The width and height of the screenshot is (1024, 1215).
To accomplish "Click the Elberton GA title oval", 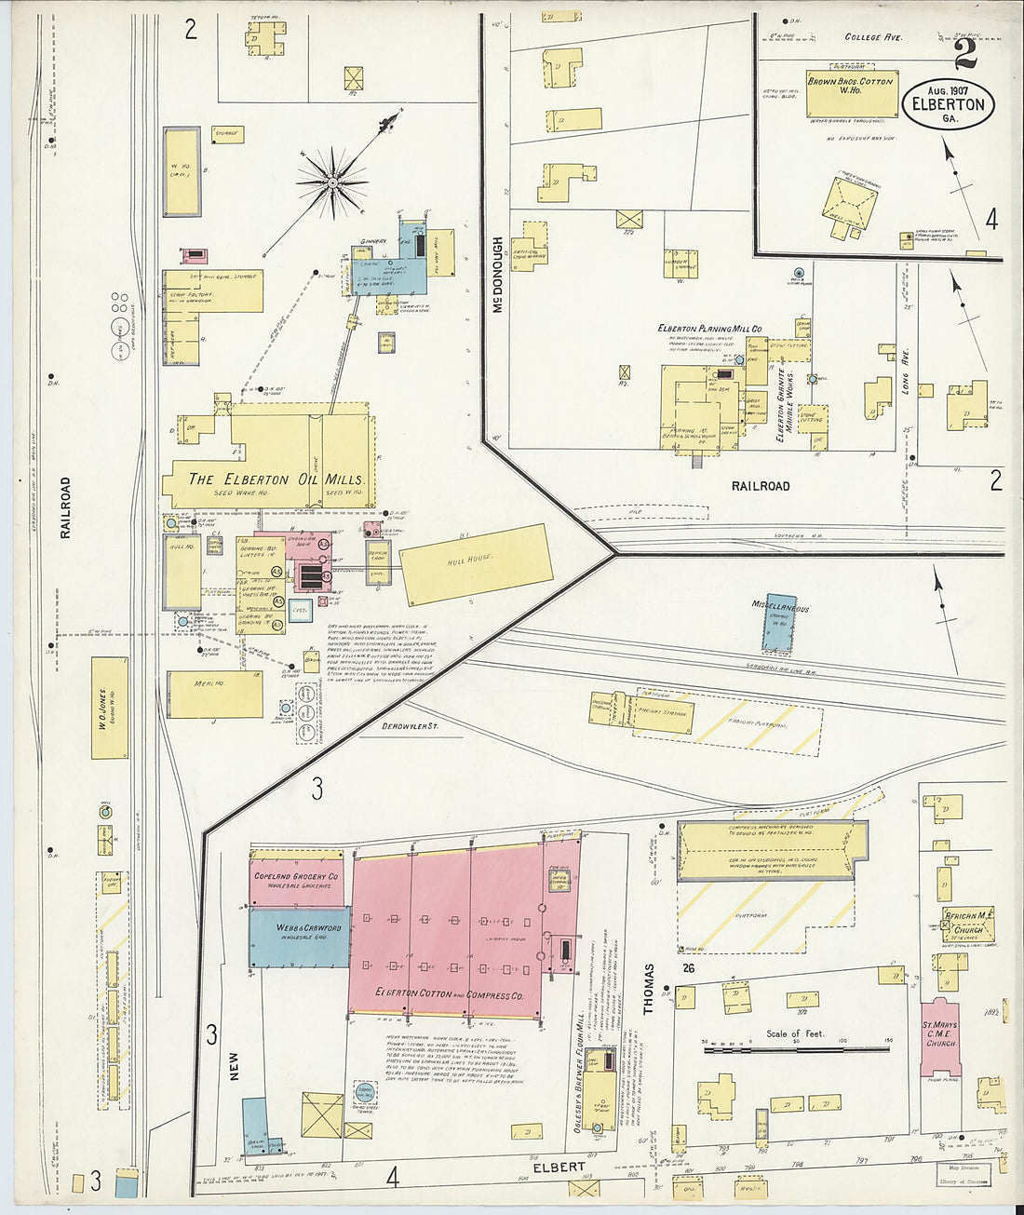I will [948, 105].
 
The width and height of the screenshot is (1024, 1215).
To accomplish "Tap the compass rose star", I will [332, 182].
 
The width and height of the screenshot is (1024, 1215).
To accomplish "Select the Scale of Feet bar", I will [797, 1049].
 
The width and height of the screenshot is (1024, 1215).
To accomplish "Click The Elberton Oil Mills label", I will [276, 479].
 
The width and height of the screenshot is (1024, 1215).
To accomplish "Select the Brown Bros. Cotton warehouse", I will [852, 93].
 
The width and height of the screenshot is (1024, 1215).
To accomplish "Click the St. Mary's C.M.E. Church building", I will [939, 1037].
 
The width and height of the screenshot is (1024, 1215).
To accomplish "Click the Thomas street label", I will [648, 988].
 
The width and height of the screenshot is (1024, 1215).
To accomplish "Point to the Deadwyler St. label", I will [410, 725].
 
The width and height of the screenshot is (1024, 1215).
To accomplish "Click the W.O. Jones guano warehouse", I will [110, 707].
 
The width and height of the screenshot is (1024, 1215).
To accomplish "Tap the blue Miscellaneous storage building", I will [780, 622].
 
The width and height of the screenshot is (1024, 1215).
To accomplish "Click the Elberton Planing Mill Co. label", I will [709, 329].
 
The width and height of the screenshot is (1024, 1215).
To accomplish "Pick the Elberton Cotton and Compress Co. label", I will [450, 994].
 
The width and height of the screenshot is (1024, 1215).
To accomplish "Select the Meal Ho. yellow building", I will [214, 695].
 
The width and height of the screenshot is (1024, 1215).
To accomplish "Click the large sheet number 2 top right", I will [965, 55].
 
